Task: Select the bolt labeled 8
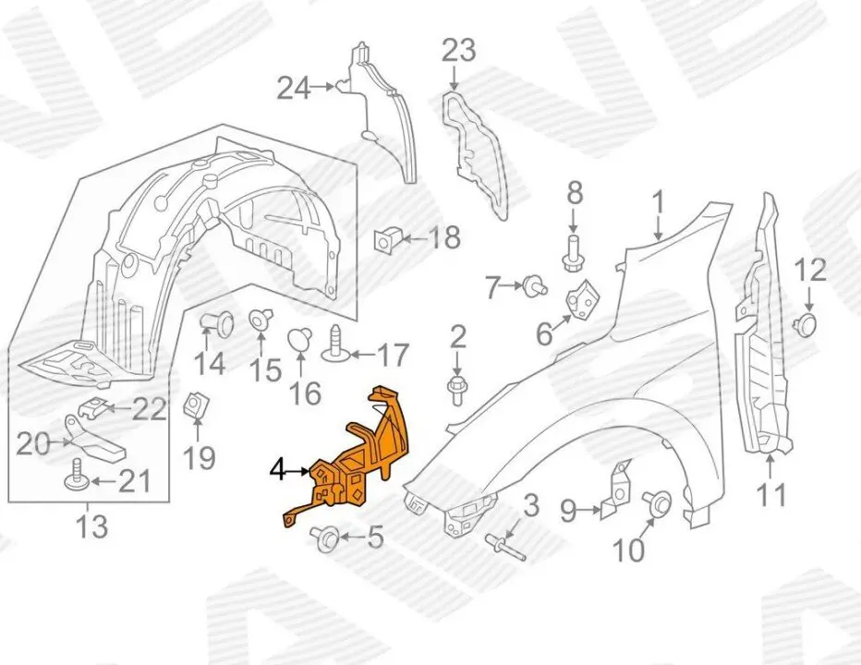tap(572, 250)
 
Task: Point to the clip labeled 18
tap(385, 240)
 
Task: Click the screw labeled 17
tap(334, 348)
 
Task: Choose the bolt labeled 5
tap(326, 536)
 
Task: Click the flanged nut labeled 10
tap(659, 503)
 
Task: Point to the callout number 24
tap(293, 88)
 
